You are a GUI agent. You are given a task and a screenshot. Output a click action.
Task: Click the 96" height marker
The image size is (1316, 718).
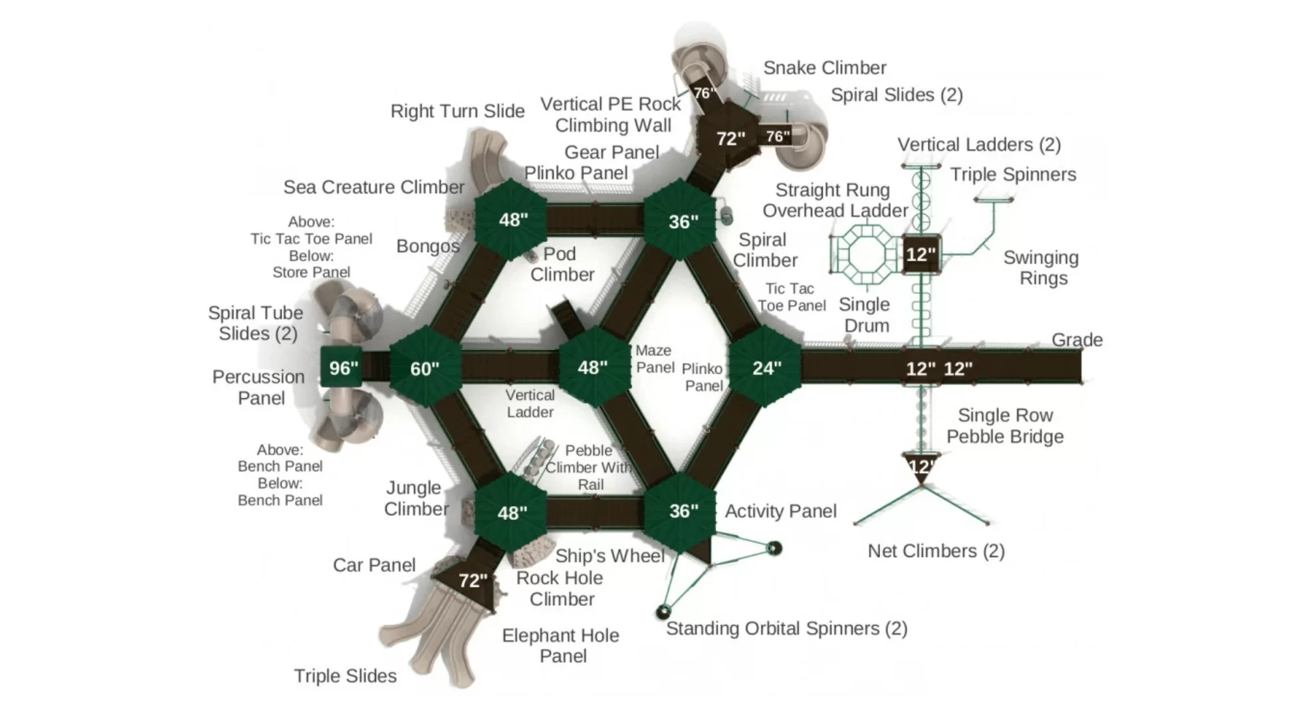(342, 367)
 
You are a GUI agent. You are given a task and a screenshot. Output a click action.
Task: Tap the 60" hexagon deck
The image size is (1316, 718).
(425, 368)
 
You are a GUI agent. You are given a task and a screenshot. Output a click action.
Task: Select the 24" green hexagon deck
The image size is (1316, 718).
(766, 367)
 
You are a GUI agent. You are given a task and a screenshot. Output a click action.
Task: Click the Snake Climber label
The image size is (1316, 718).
(824, 68)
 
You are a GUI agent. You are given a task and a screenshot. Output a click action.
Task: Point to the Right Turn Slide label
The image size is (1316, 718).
(457, 111)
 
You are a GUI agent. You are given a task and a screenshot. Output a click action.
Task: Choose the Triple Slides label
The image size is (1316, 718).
(345, 675)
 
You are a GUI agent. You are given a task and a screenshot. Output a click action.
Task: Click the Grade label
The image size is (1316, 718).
(1077, 340)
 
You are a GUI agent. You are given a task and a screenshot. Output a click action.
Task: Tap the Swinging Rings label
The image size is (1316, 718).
(1042, 267)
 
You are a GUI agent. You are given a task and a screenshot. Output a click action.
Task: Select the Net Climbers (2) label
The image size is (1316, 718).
(936, 550)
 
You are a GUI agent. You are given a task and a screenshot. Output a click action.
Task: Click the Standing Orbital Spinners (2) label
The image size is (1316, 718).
(786, 628)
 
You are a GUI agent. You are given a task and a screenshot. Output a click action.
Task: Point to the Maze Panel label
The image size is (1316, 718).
(654, 358)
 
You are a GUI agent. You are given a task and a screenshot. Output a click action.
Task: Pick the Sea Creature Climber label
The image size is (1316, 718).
(374, 187)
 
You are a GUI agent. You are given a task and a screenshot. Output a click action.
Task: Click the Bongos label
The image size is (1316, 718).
(427, 246)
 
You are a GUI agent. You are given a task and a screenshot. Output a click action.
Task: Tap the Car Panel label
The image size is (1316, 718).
(374, 564)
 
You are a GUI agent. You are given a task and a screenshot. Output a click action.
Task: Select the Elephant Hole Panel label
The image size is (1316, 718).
(560, 646)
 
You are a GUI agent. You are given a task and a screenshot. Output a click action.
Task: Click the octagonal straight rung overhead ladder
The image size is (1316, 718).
(865, 253)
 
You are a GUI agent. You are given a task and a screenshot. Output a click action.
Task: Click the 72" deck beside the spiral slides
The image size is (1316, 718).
(730, 138)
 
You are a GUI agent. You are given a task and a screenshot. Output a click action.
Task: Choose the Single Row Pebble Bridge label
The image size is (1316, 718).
(1005, 425)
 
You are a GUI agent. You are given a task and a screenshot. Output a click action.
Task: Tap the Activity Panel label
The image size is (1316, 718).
(780, 511)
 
